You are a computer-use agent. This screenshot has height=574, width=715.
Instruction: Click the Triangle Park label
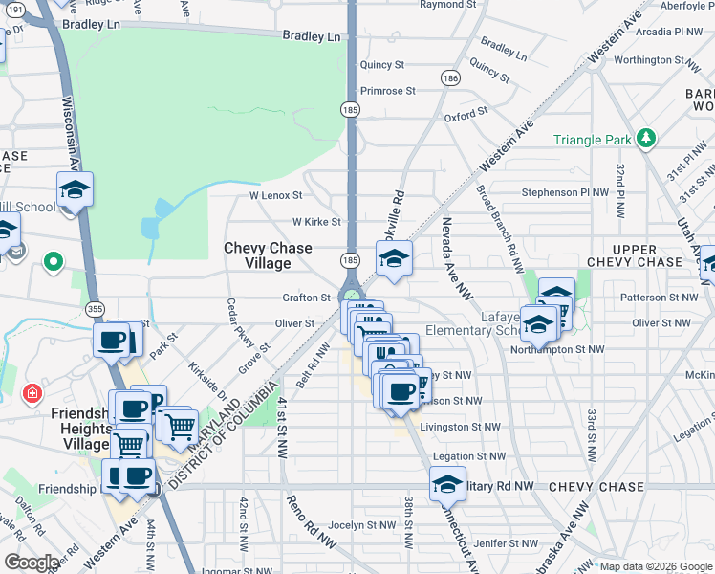593,140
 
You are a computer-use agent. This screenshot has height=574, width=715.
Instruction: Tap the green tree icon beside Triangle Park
646,139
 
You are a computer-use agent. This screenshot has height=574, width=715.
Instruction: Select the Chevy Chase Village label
268,255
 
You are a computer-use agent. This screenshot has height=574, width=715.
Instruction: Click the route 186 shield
448,77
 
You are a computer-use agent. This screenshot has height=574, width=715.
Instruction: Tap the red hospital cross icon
32,393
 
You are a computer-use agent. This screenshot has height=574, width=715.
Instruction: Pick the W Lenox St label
275,195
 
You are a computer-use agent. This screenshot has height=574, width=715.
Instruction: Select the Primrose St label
387,91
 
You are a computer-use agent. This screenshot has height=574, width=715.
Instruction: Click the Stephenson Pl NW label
565,192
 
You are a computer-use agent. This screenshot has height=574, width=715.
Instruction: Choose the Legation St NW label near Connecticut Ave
466,457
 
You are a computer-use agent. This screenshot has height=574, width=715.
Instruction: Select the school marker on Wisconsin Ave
75,188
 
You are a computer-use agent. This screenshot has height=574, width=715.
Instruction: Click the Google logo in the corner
31,563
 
